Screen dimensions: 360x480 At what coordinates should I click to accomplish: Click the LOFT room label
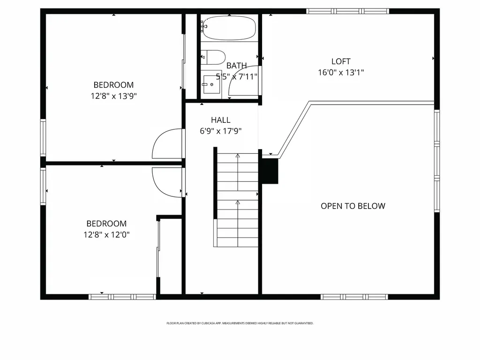pyautogui.click(x=341, y=61)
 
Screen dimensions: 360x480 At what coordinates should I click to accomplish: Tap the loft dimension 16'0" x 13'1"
pyautogui.click(x=341, y=73)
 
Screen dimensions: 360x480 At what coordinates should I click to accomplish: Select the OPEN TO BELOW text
pyautogui.click(x=353, y=206)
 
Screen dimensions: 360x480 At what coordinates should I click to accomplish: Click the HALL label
pyautogui.click(x=220, y=120)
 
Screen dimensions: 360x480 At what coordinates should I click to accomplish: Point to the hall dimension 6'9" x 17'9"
pyautogui.click(x=220, y=132)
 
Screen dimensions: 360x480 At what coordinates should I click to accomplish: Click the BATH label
pyautogui.click(x=237, y=66)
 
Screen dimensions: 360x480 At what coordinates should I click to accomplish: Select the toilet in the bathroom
pyautogui.click(x=214, y=57)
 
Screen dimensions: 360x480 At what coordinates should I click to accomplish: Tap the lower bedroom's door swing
pyautogui.click(x=167, y=180)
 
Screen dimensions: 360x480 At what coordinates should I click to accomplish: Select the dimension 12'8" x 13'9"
pyautogui.click(x=113, y=97)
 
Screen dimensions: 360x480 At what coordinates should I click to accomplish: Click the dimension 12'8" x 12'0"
pyautogui.click(x=106, y=235)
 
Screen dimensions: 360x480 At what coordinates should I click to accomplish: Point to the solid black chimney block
pyautogui.click(x=270, y=171)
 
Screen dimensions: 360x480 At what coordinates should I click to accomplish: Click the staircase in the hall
pyautogui.click(x=237, y=199)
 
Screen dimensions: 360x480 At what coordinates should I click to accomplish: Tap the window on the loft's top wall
pyautogui.click(x=348, y=11)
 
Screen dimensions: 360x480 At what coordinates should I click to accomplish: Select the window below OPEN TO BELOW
pyautogui.click(x=354, y=297)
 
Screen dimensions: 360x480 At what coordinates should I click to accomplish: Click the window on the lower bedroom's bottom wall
pyautogui.click(x=122, y=297)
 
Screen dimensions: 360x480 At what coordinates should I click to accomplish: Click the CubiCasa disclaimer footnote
pyautogui.click(x=240, y=323)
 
